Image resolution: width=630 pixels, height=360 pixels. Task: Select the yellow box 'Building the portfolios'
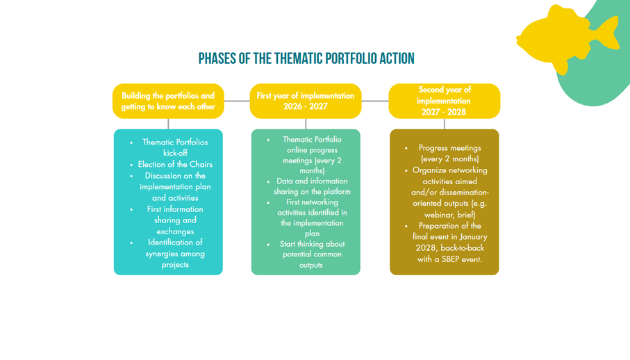point(168,101)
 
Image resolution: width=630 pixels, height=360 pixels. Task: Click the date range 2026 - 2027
point(306,106)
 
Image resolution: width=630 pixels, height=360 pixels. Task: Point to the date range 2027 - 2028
point(444,112)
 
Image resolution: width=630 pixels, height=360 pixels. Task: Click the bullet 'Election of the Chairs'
point(175,165)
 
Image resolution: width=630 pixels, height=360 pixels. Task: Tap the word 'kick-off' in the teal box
point(175,153)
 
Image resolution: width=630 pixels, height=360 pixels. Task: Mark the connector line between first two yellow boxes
point(237,101)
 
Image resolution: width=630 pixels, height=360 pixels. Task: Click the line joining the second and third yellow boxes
point(375,101)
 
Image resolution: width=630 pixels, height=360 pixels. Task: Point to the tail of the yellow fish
point(609,31)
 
